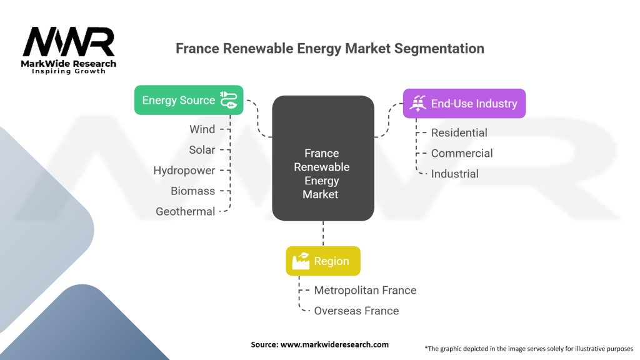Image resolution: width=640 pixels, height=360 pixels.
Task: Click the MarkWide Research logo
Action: coord(69,50)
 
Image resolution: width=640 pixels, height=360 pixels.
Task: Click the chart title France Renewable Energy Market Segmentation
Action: coord(330,48)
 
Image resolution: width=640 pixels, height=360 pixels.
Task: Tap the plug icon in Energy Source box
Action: coord(227,100)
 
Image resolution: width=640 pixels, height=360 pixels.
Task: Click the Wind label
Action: coord(202,129)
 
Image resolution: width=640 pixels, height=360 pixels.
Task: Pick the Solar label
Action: coord(202,150)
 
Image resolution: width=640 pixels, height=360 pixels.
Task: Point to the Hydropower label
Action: coord(184,171)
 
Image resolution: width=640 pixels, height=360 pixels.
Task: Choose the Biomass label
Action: coord(193,191)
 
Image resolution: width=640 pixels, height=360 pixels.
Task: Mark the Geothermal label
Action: coord(186,212)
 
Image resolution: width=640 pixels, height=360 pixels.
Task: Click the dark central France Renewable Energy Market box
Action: coord(323,158)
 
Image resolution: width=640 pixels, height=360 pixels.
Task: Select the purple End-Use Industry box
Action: coord(464,104)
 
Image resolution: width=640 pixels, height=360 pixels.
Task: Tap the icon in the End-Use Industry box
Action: coord(417,104)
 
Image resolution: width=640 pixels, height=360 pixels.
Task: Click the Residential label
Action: coord(459,132)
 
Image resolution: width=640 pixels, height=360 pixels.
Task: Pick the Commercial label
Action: coord(462,153)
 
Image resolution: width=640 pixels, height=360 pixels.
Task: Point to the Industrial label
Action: coord(455,174)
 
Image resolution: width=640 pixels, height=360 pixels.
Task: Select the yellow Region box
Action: coord(323,261)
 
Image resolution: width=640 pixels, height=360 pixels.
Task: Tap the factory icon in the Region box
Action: coord(301,261)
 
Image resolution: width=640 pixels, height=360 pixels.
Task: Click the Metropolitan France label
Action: coord(365,290)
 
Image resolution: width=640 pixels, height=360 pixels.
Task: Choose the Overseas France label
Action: coord(356,311)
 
